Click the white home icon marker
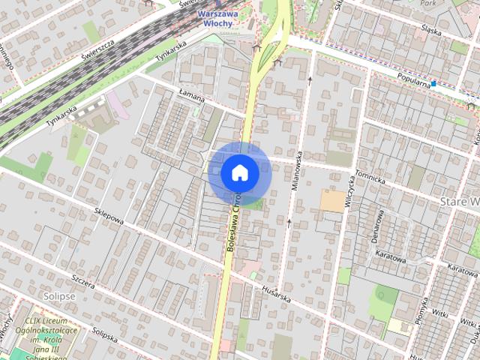239,172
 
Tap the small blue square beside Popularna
433,83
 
